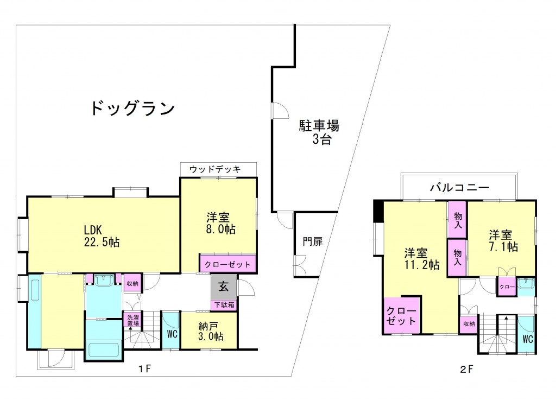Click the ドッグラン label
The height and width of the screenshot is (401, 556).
click(x=133, y=108)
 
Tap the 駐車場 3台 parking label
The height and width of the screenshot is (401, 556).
click(x=319, y=132)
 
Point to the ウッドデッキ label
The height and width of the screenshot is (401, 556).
click(x=215, y=169)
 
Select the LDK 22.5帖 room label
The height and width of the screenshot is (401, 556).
click(x=102, y=236)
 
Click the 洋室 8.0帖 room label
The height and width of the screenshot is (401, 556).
click(x=220, y=223)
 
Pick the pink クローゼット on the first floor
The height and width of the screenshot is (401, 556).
click(x=228, y=264)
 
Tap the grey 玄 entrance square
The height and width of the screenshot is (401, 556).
click(x=224, y=287)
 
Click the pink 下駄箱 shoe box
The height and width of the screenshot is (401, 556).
click(x=224, y=304)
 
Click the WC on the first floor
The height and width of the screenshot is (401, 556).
click(x=172, y=333)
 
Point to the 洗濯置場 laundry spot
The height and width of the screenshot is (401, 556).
click(x=133, y=320)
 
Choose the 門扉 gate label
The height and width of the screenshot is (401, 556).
click(x=313, y=241)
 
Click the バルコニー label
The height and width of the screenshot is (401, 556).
click(x=460, y=187)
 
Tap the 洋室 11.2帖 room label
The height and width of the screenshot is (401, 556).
click(x=421, y=259)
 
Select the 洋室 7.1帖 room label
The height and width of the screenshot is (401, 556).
click(x=503, y=240)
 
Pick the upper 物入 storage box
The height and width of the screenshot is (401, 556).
click(x=457, y=220)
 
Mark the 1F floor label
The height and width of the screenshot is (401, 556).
click(x=144, y=369)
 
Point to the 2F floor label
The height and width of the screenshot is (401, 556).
click(x=466, y=369)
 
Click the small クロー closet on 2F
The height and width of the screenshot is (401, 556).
click(x=507, y=287)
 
